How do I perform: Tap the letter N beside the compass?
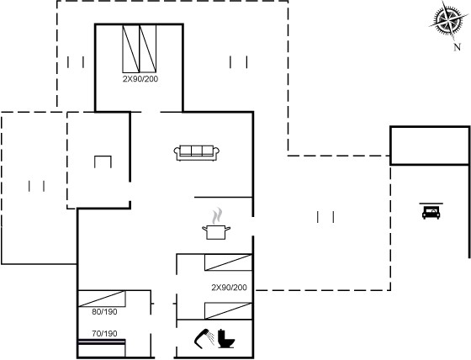pos(457,47)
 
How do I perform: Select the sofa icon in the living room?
pos(197,152)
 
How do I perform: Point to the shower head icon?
pos(204,339)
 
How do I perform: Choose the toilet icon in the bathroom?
pos(226,339)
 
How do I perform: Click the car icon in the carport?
pos(431,211)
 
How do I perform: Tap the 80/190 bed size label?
pos(104,312)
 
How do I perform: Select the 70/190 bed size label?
pos(104,334)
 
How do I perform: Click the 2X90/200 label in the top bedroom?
pos(140,79)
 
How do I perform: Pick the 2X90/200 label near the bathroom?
pos(229,288)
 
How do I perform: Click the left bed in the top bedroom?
pos(131,49)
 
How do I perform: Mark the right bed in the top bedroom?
pos(148,49)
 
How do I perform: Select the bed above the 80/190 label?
pos(102,299)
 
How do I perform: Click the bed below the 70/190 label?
pos(102,348)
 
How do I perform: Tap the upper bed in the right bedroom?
pos(228,262)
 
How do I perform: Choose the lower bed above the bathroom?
pos(228,310)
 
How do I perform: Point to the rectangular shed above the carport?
pos(430,146)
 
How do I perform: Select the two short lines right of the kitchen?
pos(325,217)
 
